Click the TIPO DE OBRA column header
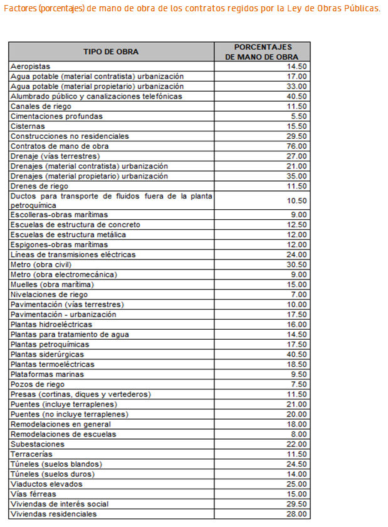tap(111, 52)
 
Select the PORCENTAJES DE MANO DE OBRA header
tap(263, 52)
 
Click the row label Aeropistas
tap(30, 66)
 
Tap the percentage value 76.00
tap(296, 146)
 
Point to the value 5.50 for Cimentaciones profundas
tap(299, 116)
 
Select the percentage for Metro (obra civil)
tap(296, 264)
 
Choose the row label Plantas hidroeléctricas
tap(51, 324)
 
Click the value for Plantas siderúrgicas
tap(296, 354)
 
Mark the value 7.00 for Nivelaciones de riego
tap(299, 295)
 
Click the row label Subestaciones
tap(37, 444)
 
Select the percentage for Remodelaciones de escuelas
tap(299, 434)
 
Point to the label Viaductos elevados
tap(46, 484)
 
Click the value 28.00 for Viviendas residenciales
tap(296, 514)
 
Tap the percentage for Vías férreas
tap(296, 494)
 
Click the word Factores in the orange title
tap(19, 9)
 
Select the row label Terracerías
tap(31, 454)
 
